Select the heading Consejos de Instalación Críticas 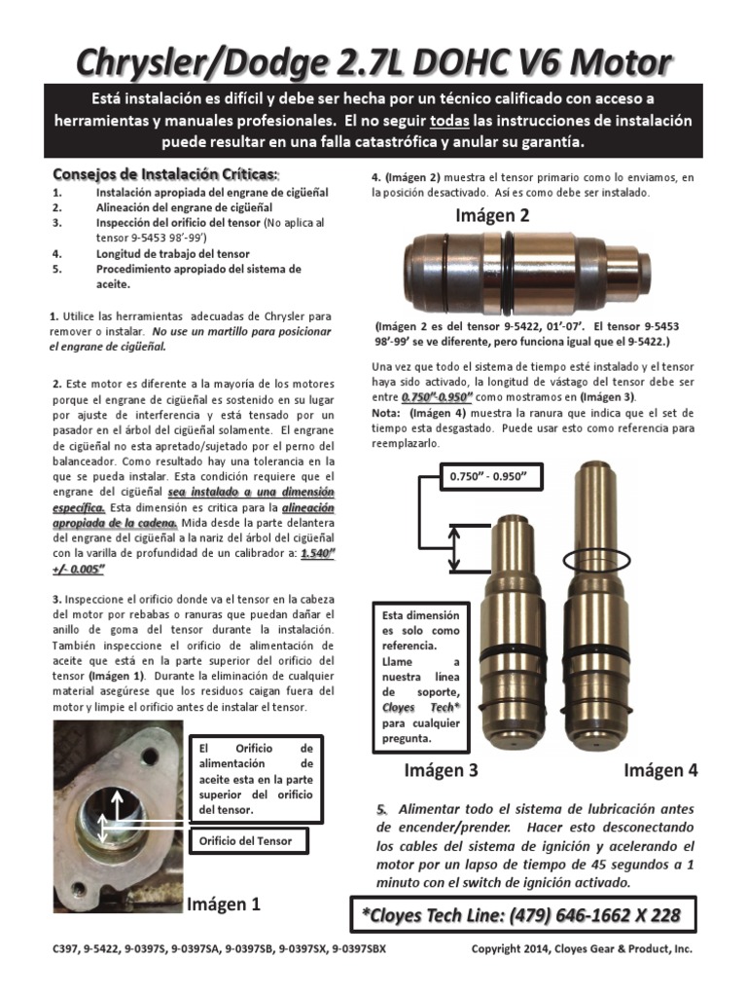pos(164,174)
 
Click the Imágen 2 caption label pos(492,216)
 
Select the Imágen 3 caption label pos(441,770)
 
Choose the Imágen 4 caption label pos(660,770)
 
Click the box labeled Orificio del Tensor pos(253,840)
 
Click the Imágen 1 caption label pos(224,904)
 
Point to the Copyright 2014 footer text pos(582,948)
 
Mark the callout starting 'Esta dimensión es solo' pos(420,676)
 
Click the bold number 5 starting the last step pos(381,810)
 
